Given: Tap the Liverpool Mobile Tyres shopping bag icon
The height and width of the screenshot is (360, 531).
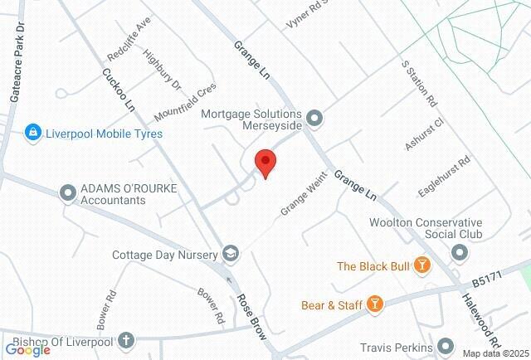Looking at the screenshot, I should click(x=33, y=133).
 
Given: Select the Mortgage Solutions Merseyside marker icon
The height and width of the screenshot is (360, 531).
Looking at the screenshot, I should click(x=314, y=119).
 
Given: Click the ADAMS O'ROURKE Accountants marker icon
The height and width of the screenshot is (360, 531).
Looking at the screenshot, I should click(x=68, y=193).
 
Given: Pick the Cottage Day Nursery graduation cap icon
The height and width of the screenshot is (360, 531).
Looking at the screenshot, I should click(x=231, y=254).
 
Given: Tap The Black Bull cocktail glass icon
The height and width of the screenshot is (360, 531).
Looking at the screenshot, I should click(x=423, y=265).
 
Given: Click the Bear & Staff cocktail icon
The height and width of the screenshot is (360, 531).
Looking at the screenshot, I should click(x=376, y=304).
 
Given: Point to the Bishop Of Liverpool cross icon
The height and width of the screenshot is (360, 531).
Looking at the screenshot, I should click(x=126, y=339).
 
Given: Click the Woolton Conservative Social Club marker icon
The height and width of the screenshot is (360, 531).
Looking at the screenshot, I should click(x=460, y=251).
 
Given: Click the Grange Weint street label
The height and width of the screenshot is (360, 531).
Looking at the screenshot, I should click(x=299, y=201).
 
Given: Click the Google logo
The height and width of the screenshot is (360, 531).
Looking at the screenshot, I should click(x=27, y=349).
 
